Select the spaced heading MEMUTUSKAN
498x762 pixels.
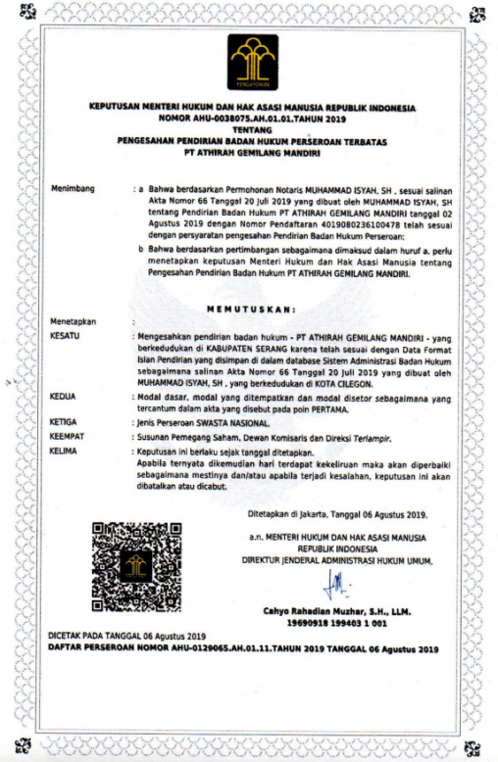click(x=252, y=309)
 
